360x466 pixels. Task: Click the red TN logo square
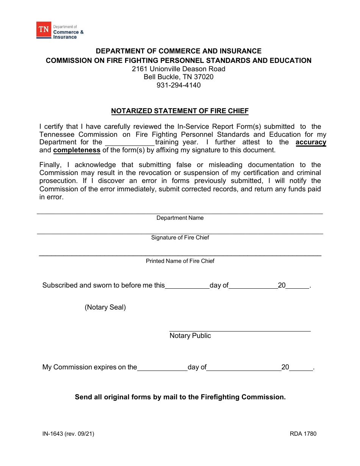[44, 30]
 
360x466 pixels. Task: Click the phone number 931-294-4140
[178, 85]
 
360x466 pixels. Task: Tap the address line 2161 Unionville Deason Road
[178, 69]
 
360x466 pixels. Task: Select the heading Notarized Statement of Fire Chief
[180, 111]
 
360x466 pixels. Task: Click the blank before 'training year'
[130, 143]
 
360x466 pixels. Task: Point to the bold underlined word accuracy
[311, 142]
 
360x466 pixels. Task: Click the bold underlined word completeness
[77, 150]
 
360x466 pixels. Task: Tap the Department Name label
[180, 218]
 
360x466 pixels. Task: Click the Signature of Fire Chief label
[180, 238]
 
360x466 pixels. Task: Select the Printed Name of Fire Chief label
[180, 261]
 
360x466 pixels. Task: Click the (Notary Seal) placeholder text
[105, 307]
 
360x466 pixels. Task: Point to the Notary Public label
[190, 336]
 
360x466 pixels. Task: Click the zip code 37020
[203, 77]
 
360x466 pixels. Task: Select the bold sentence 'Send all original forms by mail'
[180, 397]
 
